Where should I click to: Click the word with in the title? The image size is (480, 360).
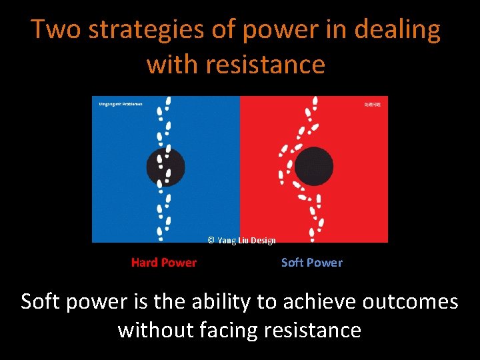pyautogui.click(x=173, y=65)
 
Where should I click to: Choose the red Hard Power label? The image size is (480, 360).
pyautogui.click(x=164, y=263)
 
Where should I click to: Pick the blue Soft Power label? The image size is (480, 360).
pyautogui.click(x=311, y=263)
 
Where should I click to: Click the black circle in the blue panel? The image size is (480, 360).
pyautogui.click(x=165, y=167)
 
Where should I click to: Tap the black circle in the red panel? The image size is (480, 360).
pyautogui.click(x=313, y=167)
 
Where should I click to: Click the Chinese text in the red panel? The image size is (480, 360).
pyautogui.click(x=372, y=105)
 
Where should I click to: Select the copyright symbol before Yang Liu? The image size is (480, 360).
pyautogui.click(x=211, y=241)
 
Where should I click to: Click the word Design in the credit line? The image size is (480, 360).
pyautogui.click(x=263, y=241)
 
